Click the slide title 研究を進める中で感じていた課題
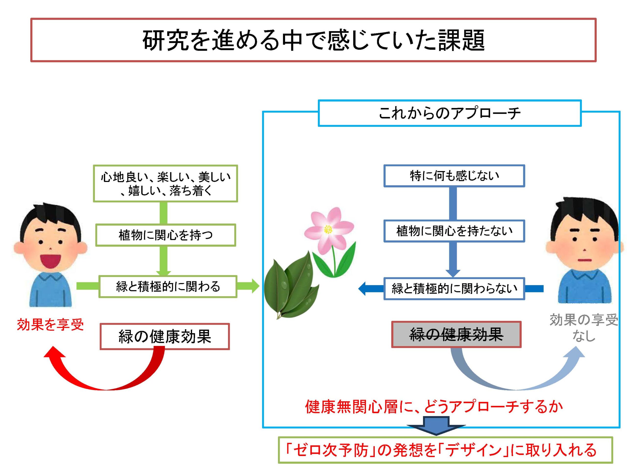[x=313, y=40]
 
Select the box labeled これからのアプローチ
[x=450, y=113]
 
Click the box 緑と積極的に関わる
[x=168, y=286]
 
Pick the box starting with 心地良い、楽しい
[x=166, y=184]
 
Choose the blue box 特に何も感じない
[x=454, y=176]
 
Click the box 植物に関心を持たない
[x=454, y=231]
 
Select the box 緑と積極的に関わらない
[x=454, y=289]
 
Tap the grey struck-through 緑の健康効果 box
[x=456, y=334]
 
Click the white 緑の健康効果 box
[x=165, y=337]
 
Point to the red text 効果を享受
[x=50, y=325]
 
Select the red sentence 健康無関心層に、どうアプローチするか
[x=434, y=407]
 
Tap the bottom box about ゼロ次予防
[x=445, y=450]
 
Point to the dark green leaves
[x=289, y=286]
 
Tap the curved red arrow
[x=105, y=374]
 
